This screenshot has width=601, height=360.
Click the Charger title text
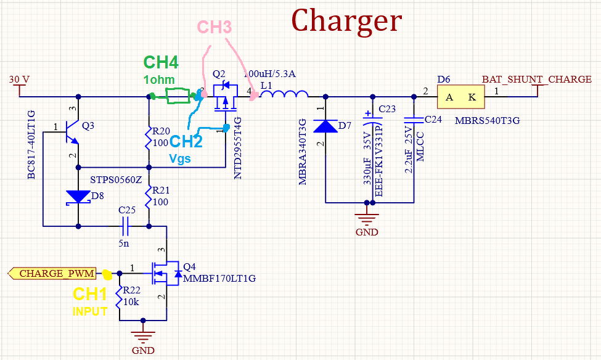346,21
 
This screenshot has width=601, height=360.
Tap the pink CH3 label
215,27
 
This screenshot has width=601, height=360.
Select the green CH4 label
161,62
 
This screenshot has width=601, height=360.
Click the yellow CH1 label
90,295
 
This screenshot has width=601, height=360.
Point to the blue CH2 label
187,141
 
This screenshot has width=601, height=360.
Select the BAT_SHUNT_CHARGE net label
536,80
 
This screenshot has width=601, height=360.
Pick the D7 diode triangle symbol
325,126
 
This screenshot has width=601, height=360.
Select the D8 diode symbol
79,197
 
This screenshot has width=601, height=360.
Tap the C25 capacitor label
127,210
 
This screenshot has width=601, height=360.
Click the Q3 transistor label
88,126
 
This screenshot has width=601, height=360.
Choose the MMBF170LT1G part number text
219,279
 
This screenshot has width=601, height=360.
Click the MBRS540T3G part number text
487,120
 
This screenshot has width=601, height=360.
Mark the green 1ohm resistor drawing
178,96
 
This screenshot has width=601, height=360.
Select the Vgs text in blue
179,158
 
